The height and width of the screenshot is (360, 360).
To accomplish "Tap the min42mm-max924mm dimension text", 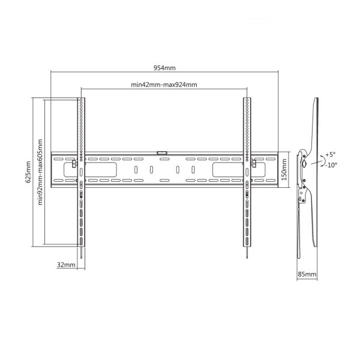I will coord(164,85).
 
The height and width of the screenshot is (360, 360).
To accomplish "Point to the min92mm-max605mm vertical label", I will coord(40,172).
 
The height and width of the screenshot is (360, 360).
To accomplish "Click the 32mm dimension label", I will coord(67,264).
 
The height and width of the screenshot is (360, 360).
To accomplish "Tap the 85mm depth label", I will coord(307,274).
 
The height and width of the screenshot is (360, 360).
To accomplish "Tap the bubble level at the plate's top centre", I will coord(162,152).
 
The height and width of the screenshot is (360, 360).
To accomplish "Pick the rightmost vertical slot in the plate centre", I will coord(192,170).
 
